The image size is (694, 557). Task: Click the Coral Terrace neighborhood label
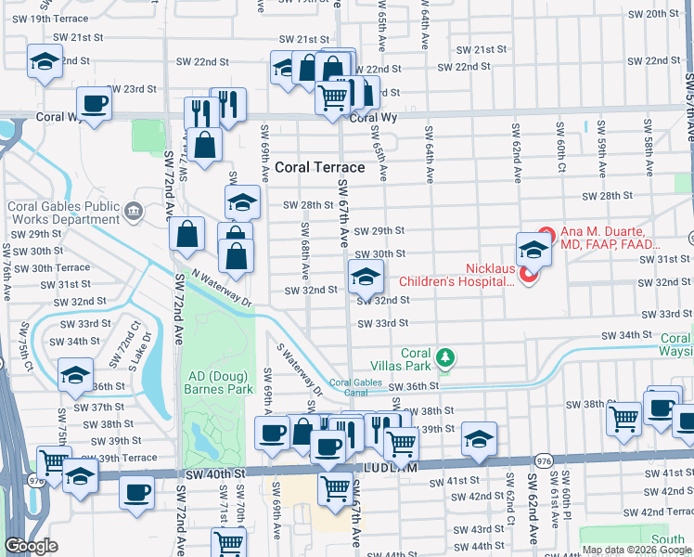point(319,167)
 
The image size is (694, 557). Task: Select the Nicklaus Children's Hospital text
point(456,280)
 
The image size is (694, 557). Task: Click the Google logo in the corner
point(31,546)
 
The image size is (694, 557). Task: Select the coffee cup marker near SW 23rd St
point(94,103)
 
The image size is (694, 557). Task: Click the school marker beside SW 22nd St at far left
point(44,60)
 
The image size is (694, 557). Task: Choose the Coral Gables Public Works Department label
point(63,213)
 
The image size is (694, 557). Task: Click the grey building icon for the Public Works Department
point(135,212)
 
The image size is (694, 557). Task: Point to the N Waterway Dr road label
point(222,290)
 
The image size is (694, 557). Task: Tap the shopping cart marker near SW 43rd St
point(229,541)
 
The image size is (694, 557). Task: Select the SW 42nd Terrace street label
point(653,512)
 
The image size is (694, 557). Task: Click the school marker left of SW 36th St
point(73,375)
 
